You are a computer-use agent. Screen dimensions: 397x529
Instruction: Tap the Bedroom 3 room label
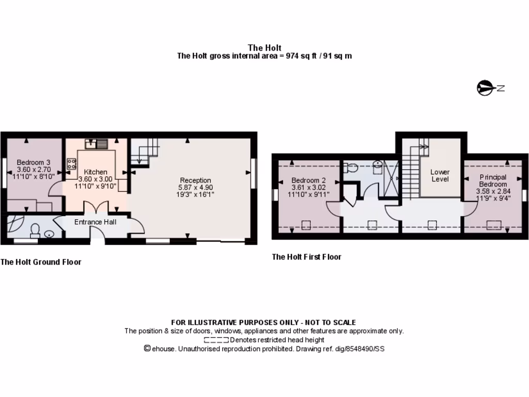[33, 162]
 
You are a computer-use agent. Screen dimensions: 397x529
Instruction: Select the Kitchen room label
[96, 172]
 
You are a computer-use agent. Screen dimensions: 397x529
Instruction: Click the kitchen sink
[96, 143]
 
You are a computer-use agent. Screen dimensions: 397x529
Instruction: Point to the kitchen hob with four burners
[71, 164]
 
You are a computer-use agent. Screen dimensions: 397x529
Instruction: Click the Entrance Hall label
[96, 222]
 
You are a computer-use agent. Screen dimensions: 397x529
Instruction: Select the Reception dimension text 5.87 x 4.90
[195, 187]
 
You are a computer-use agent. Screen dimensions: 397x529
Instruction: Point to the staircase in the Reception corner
[143, 152]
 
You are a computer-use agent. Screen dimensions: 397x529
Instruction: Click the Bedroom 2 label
[308, 181]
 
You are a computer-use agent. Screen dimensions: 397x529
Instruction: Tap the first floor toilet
[353, 167]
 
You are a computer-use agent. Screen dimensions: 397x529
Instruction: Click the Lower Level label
[440, 175]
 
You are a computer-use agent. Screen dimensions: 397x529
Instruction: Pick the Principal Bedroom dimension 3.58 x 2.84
[492, 191]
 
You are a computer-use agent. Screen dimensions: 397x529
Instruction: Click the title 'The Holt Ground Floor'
[41, 262]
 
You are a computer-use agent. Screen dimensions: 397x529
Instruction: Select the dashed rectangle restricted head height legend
[216, 340]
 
